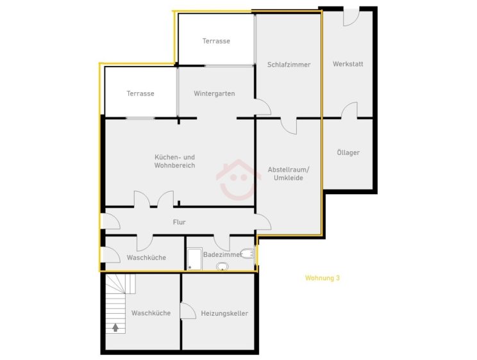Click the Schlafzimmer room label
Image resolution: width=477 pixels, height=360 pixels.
(x=289, y=65)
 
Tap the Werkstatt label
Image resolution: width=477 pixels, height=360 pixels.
(x=347, y=64)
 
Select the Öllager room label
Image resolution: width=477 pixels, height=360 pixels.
(x=348, y=152)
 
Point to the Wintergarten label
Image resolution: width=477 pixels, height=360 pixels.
(x=214, y=94)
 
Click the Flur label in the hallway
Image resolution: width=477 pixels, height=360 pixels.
(x=179, y=222)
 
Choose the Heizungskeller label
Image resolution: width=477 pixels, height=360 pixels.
(x=224, y=313)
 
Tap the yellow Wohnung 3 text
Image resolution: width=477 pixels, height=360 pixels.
(x=322, y=278)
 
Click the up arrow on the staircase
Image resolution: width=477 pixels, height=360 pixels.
(x=115, y=327)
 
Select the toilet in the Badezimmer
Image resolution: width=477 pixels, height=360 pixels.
(x=247, y=254)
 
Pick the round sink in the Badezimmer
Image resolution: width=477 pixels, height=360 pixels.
(x=222, y=266)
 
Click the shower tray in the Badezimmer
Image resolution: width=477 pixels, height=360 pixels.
(x=194, y=259)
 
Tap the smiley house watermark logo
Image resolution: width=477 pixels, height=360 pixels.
(x=238, y=180)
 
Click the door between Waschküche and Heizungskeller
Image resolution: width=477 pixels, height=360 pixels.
(x=188, y=311)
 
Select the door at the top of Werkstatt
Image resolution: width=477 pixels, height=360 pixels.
(x=351, y=18)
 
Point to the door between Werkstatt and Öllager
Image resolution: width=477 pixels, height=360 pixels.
(x=349, y=110)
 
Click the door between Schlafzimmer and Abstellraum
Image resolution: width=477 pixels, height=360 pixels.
(x=289, y=126)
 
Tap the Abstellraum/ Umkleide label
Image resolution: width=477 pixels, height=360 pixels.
(x=289, y=174)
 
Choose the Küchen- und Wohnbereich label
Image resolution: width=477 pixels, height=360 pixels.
(x=174, y=161)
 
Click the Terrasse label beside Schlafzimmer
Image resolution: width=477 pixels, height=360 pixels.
(x=216, y=41)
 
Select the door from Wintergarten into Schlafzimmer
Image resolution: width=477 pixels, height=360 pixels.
(x=263, y=107)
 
